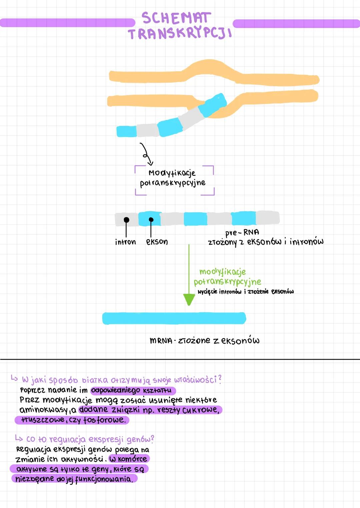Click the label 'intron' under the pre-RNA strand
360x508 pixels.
tap(125, 242)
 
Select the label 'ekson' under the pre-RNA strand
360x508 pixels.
tap(157, 242)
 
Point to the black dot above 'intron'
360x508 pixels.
tap(126, 220)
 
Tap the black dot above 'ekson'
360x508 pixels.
tap(151, 220)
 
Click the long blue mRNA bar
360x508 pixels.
tap(174, 318)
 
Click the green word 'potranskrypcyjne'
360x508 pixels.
tap(227, 282)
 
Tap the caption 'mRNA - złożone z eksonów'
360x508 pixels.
tap(204, 340)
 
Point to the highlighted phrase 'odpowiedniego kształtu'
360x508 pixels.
tap(133, 390)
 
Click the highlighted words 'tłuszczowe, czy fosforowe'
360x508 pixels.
tap(72, 420)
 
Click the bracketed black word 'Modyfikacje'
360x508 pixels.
tap(172, 173)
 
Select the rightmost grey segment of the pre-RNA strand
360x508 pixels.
tap(267, 218)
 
